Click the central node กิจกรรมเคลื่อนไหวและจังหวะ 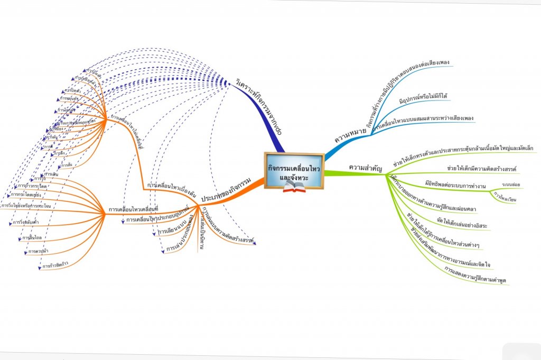[x=294, y=170]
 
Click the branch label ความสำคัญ [x=365, y=168]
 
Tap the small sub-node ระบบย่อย [x=511, y=184]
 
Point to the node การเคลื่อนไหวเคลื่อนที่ [x=134, y=210]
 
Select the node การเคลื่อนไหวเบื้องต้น [x=169, y=186]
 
